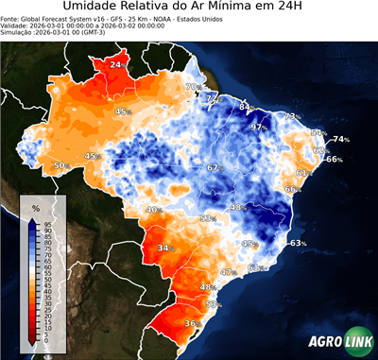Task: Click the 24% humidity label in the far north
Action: [x=116, y=64]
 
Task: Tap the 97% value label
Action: [x=257, y=127]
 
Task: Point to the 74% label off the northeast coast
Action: [x=340, y=140]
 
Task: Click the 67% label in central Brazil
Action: [x=214, y=167]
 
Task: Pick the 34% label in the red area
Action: [x=165, y=249]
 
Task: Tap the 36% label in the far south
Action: [x=192, y=324]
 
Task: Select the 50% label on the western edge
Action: [x=61, y=166]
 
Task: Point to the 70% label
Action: [x=192, y=87]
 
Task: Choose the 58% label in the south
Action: [x=213, y=304]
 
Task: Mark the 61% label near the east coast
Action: [x=303, y=173]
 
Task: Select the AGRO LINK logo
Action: [x=335, y=343]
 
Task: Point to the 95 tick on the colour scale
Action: [x=47, y=225]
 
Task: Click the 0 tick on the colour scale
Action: [x=47, y=343]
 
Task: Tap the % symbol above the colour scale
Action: [x=36, y=207]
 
